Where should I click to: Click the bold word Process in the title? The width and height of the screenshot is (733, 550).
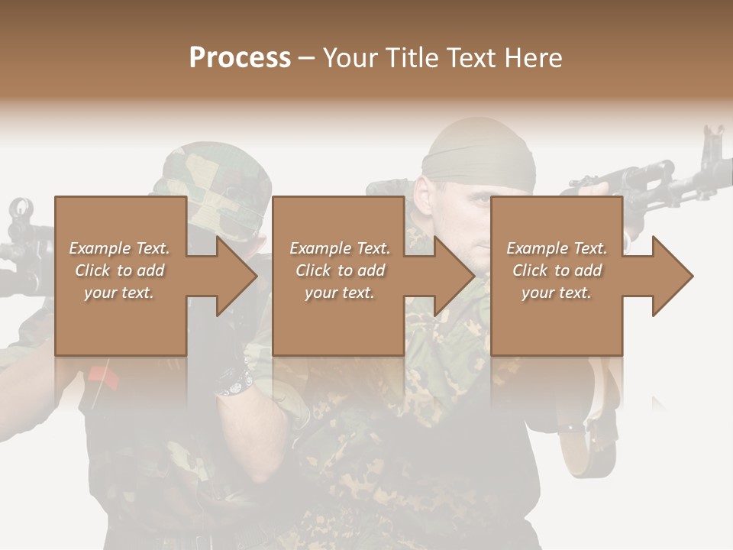(x=240, y=58)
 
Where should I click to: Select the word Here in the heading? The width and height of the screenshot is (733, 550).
(x=534, y=58)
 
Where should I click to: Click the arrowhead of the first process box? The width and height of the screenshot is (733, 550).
(x=237, y=277)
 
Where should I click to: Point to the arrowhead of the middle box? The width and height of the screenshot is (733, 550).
(x=455, y=277)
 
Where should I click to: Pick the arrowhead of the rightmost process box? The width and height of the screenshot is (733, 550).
(x=673, y=277)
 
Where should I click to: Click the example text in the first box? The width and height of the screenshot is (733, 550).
(x=119, y=270)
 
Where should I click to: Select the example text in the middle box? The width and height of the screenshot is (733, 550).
(x=340, y=270)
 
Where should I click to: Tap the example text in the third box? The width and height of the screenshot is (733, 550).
(x=557, y=270)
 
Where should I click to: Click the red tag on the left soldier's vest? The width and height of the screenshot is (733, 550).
(x=100, y=375)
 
